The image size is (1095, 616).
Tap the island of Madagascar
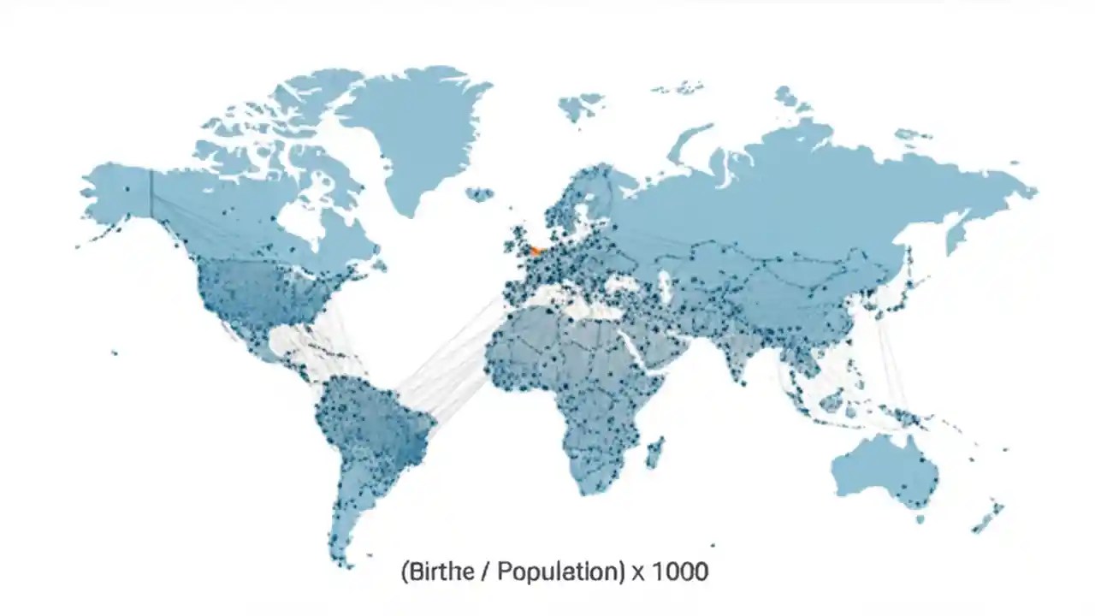point(654,452)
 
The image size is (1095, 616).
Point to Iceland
point(480,194)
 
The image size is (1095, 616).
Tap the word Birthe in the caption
point(437,571)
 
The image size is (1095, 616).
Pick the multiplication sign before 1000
point(638,572)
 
